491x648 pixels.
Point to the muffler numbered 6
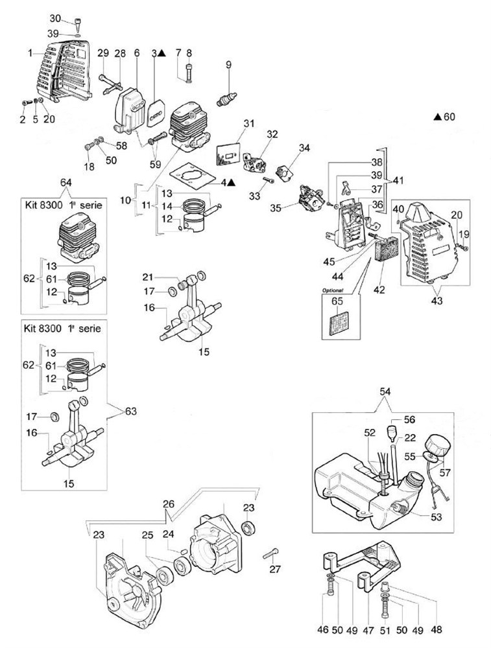coord(131,104)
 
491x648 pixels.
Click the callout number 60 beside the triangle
coord(449,117)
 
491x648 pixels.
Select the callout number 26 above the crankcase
coord(169,504)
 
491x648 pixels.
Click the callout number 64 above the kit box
coord(66,182)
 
